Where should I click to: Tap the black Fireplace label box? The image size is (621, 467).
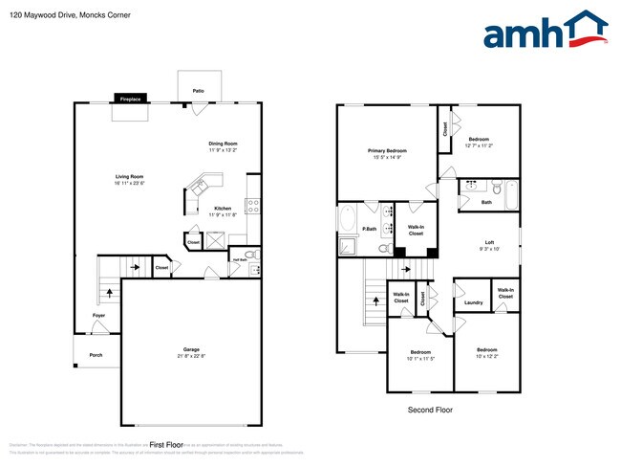(x=130, y=99)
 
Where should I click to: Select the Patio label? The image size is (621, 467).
(x=198, y=91)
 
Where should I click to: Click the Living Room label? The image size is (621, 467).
(x=130, y=176)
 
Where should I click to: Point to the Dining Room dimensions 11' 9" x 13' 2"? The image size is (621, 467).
(x=223, y=150)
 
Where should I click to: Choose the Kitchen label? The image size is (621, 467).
(x=223, y=208)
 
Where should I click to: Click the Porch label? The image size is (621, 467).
(x=96, y=354)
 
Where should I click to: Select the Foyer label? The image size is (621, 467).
(x=98, y=315)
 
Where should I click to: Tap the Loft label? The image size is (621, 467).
(x=488, y=242)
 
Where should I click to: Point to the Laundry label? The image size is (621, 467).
(x=473, y=303)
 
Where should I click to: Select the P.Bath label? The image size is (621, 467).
(x=368, y=229)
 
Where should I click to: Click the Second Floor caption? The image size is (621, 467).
(x=430, y=410)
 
